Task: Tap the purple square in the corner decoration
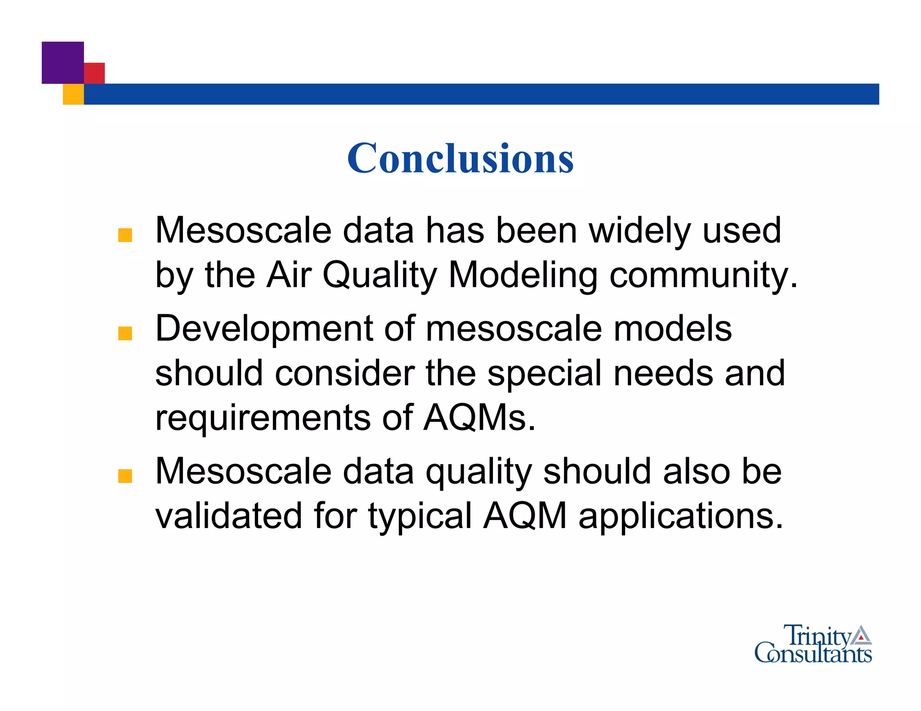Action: pyautogui.click(x=63, y=62)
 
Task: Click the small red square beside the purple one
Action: pyautogui.click(x=95, y=73)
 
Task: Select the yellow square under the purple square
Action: pyautogui.click(x=73, y=94)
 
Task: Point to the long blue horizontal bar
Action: pyautogui.click(x=481, y=94)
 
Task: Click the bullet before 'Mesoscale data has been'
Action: pyautogui.click(x=125, y=236)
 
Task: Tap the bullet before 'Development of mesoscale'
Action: pyautogui.click(x=125, y=333)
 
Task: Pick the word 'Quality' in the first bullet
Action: pyautogui.click(x=380, y=276)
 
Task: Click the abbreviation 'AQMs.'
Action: pyautogui.click(x=480, y=418)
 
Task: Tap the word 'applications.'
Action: pyautogui.click(x=681, y=517)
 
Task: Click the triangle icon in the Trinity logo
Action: pyautogui.click(x=861, y=635)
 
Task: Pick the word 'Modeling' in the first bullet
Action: pyautogui.click(x=523, y=276)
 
